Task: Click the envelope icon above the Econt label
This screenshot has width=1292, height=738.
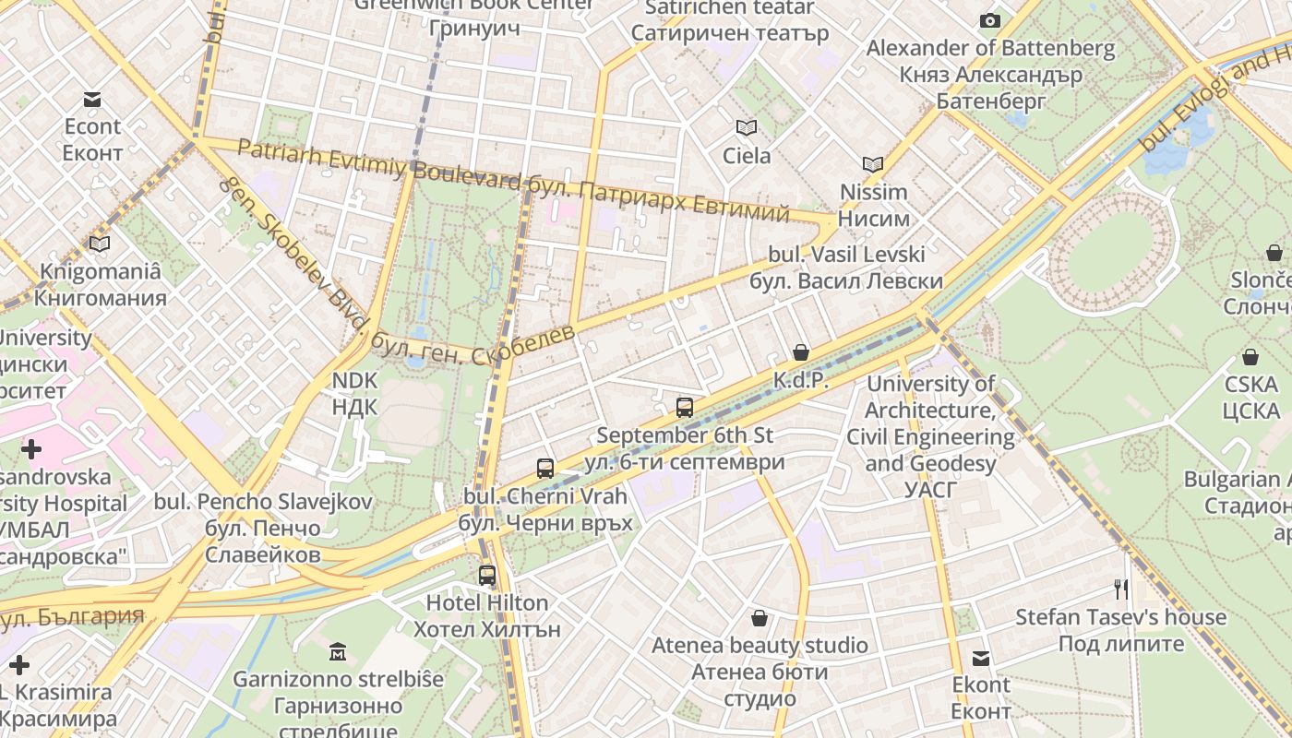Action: (92, 100)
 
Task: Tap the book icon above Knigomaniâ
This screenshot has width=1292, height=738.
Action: (100, 244)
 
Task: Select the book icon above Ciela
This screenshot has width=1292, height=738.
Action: (746, 128)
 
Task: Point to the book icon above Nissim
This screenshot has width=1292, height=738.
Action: (873, 165)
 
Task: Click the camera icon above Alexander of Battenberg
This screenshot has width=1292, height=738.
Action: (990, 20)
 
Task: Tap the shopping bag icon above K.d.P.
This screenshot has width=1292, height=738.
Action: (800, 352)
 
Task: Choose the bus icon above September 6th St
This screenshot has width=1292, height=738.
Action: (684, 407)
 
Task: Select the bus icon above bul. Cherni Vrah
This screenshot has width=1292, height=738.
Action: (545, 468)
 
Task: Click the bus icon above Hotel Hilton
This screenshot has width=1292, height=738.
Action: (487, 576)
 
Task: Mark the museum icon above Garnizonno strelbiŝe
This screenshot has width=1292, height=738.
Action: (338, 652)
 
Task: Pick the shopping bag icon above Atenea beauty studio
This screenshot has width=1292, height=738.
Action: (760, 618)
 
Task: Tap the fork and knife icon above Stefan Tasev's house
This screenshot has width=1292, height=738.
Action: (1121, 589)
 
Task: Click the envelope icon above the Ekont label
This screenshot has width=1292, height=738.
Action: (981, 658)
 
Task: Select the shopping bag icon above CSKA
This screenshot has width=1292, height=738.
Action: (1250, 357)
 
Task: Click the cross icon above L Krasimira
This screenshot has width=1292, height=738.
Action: (19, 665)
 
